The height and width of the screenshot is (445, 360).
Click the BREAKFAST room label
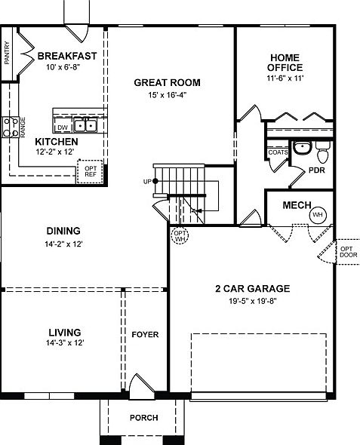click(x=68, y=56)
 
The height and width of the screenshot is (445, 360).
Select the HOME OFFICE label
click(x=284, y=63)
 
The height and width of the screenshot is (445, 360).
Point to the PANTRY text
click(x=7, y=54)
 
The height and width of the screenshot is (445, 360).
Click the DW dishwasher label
click(x=63, y=127)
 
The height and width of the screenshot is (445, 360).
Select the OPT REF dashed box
click(x=91, y=171)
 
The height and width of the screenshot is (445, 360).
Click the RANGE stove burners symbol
click(x=11, y=127)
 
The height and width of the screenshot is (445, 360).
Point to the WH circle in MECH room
click(x=317, y=215)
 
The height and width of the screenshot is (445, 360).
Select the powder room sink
click(x=301, y=148)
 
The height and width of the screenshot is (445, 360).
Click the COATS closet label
click(x=277, y=152)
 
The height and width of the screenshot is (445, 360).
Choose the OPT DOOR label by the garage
click(x=346, y=252)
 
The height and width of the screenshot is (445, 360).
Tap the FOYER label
click(x=145, y=334)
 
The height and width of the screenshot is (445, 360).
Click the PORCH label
click(x=143, y=418)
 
